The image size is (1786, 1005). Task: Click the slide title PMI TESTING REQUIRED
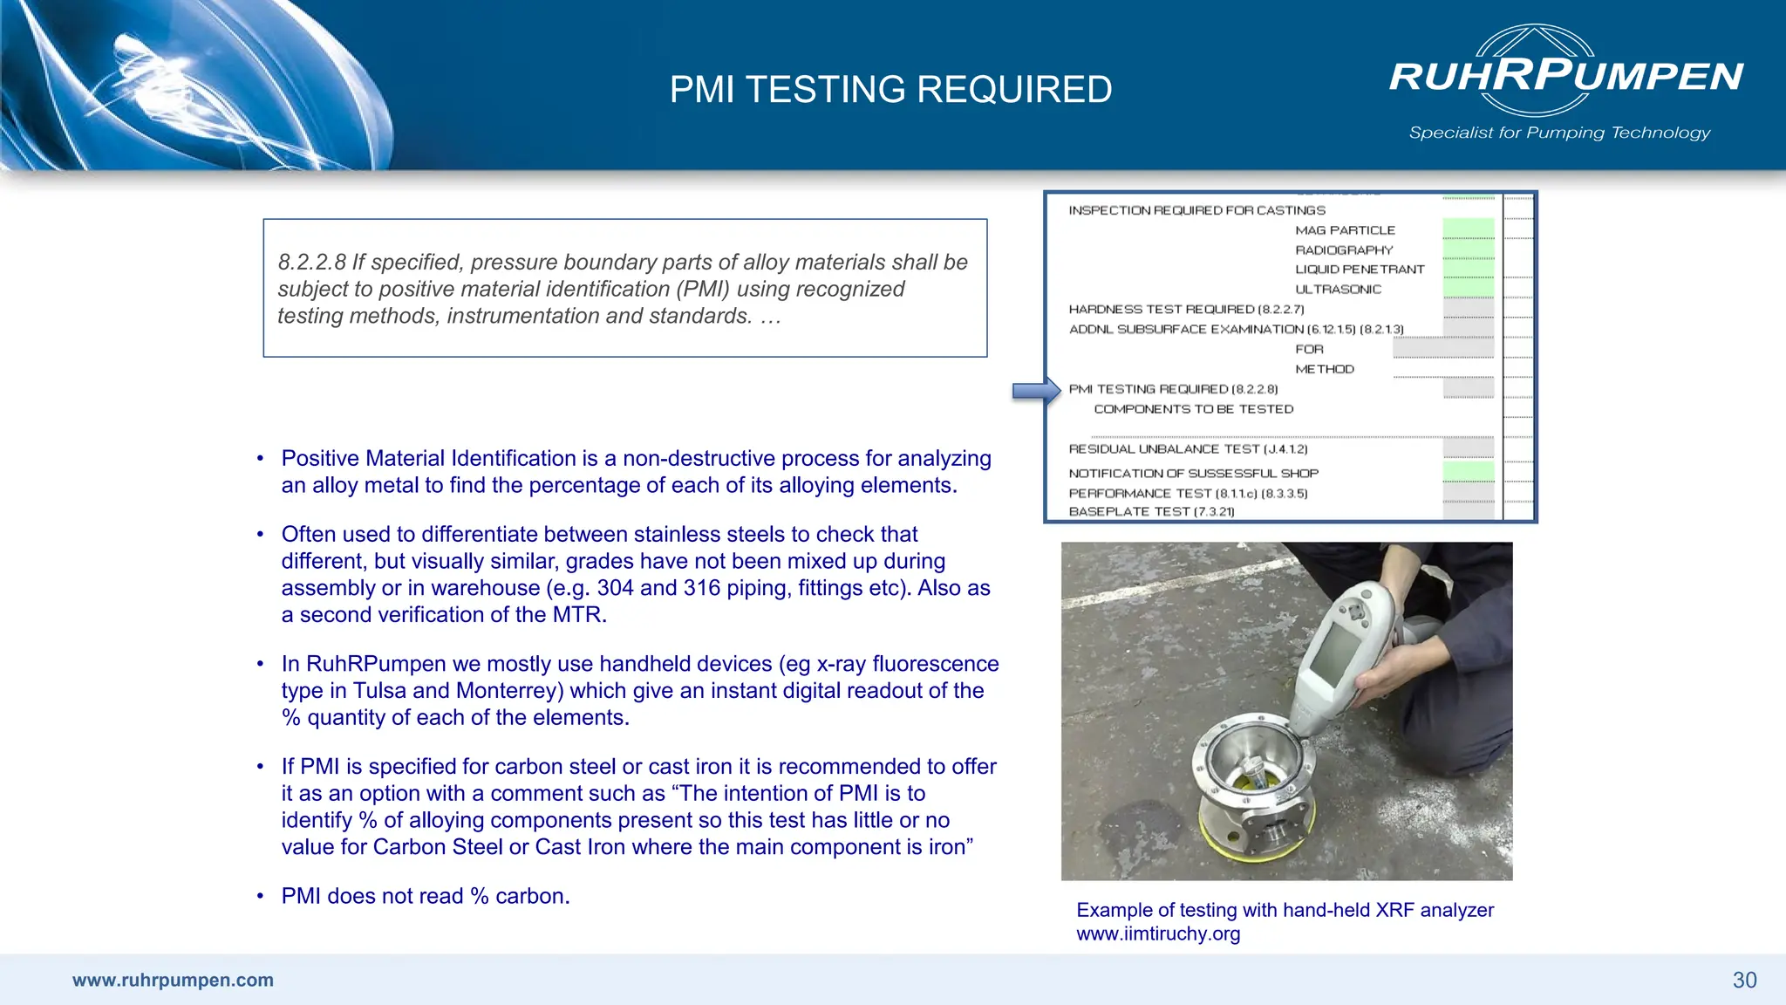890,90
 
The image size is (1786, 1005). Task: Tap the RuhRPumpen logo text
1566,75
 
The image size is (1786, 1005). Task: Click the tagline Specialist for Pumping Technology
1559,133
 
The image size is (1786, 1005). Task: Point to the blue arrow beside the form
1035,391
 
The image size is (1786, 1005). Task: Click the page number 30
1744,981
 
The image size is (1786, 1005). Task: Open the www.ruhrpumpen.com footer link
173,980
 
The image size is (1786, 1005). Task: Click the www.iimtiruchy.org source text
1158,933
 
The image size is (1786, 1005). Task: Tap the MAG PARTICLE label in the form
1345,230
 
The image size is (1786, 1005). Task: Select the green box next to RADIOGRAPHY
1468,250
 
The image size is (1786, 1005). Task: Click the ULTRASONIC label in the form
1338,290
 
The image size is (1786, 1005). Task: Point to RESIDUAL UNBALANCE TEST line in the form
1188,449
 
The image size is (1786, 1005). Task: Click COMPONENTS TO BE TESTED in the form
1193,409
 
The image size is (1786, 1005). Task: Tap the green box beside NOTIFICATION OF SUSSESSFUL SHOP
1468,472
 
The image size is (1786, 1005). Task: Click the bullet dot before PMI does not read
260,896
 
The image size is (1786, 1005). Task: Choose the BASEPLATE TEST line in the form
1151,512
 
